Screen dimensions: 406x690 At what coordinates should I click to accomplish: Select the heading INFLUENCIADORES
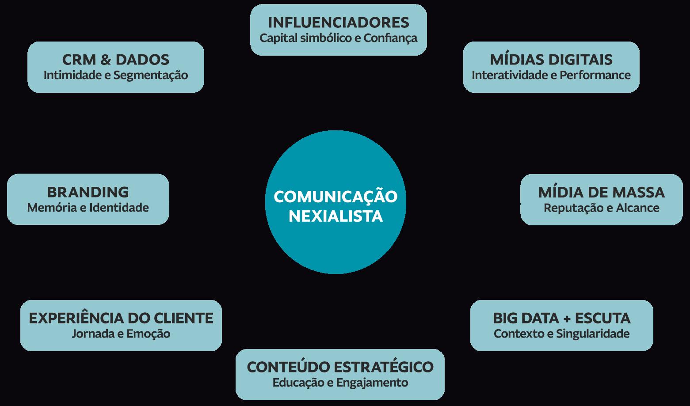tap(339, 23)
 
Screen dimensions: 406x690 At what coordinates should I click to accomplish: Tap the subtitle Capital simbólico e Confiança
tap(339, 38)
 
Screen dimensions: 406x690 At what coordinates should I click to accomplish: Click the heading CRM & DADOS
tap(116, 60)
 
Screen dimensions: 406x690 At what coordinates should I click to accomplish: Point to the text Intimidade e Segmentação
tap(116, 75)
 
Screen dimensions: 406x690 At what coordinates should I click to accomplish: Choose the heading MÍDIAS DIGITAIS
tap(551, 60)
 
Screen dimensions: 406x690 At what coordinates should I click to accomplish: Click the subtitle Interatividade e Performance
tap(551, 75)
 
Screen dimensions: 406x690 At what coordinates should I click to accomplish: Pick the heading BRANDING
tap(88, 192)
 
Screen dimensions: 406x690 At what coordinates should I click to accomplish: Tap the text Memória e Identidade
tap(88, 208)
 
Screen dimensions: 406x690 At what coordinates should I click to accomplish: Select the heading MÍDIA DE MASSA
tap(602, 192)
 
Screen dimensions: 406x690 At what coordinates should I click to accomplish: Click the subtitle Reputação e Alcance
tap(602, 208)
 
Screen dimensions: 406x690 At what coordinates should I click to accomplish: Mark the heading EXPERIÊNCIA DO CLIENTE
tap(121, 318)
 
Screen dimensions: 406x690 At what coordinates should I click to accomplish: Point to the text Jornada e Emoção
tap(121, 334)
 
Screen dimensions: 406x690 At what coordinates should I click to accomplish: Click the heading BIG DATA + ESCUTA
tap(562, 318)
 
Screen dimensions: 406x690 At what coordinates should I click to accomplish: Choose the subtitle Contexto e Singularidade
tap(562, 334)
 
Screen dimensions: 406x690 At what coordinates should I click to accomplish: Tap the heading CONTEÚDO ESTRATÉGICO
tap(340, 367)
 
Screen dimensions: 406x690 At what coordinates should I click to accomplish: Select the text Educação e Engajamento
tap(340, 382)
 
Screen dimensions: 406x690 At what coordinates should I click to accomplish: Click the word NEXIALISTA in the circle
tap(335, 216)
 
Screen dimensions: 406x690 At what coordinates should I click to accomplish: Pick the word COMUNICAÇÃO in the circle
tap(335, 197)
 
